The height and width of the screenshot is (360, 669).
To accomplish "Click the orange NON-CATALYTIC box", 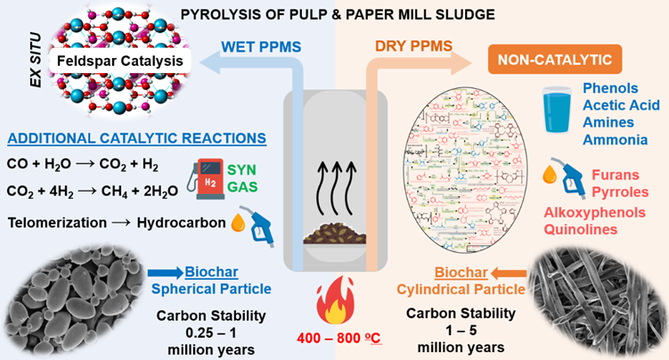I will (553, 60).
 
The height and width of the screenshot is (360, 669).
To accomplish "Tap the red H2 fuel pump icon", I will (210, 172).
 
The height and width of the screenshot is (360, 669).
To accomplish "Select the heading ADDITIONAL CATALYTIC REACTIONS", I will (133, 138).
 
